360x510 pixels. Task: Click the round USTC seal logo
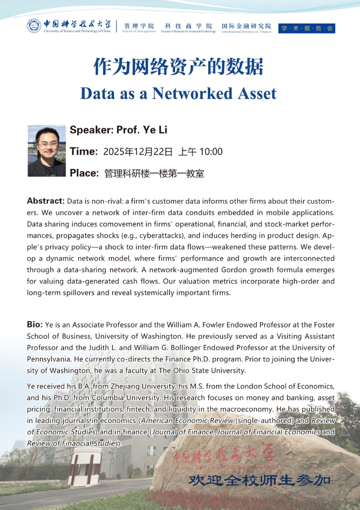[x=34, y=26]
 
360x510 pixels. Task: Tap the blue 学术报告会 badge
[x=307, y=28]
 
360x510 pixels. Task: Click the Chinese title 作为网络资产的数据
[x=178, y=67]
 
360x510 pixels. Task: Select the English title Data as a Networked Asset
[x=178, y=93]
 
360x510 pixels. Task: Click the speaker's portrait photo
[x=47, y=151]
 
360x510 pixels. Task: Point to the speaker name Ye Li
[x=155, y=131]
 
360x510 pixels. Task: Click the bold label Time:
[x=84, y=152]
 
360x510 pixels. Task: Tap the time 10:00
[x=211, y=152]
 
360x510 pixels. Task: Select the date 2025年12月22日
[x=138, y=152]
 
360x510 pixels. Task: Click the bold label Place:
[x=84, y=173]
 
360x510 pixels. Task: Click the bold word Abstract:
[x=46, y=200]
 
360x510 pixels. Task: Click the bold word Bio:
[x=35, y=325]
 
